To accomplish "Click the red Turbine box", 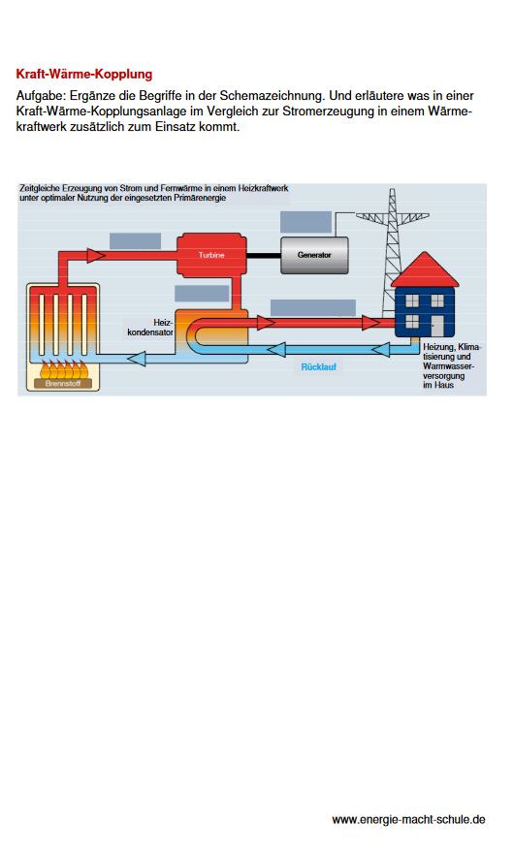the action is click(211, 254).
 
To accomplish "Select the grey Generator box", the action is click(314, 255).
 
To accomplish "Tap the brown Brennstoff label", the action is click(63, 384).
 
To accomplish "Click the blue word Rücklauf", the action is click(319, 366).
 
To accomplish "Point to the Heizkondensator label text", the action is click(150, 327).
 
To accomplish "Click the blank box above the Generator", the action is click(305, 222).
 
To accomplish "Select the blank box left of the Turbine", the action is click(135, 241).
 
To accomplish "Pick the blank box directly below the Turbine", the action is click(202, 293).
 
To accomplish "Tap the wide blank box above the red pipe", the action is click(313, 307).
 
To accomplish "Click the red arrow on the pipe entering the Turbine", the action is click(96, 255).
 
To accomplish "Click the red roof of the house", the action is click(425, 269).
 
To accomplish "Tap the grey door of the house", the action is click(437, 326).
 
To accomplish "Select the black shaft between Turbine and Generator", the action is click(264, 255).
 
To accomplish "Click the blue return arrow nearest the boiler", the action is click(137, 358).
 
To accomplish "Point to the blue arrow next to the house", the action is click(380, 349).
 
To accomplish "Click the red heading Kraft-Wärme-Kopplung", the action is click(84, 74).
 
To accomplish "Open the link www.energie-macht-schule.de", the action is click(408, 819).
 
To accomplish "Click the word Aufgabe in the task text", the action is click(41, 96).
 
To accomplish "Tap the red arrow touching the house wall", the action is click(371, 323).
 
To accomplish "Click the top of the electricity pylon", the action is click(392, 190).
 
